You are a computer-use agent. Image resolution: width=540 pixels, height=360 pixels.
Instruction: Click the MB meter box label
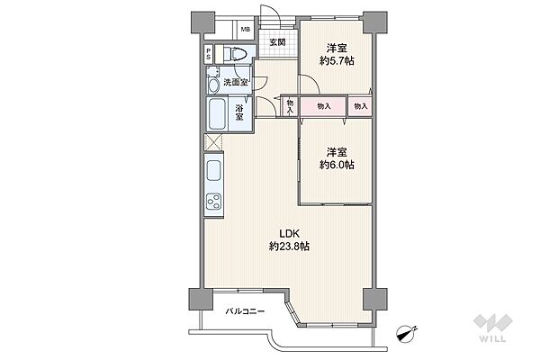[245, 30]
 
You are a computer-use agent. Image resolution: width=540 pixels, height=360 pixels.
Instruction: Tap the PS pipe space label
[209, 54]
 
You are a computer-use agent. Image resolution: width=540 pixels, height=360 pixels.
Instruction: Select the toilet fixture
[236, 54]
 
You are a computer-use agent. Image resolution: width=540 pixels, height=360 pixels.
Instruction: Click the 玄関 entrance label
[277, 42]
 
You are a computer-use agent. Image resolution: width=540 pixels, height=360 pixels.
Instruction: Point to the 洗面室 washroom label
[236, 82]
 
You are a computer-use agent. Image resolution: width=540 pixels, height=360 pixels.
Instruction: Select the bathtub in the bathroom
[217, 114]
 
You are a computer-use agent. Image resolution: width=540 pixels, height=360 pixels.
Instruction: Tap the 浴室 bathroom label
[239, 112]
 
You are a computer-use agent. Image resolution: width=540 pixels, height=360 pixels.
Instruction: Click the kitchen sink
[213, 171]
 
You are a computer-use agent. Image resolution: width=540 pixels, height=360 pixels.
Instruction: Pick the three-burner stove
[213, 202]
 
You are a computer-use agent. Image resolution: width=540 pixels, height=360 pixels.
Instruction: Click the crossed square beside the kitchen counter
[213, 142]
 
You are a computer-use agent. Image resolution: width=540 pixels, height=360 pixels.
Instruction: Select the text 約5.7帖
[337, 61]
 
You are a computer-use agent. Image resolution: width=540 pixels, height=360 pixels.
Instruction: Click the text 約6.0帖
[337, 165]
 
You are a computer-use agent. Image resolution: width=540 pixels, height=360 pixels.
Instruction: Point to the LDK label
[289, 234]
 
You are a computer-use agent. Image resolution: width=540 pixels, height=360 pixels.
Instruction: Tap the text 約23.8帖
[289, 247]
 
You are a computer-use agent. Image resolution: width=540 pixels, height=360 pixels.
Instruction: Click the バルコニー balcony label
[245, 311]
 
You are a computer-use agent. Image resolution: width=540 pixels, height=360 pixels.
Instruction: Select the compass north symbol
[407, 332]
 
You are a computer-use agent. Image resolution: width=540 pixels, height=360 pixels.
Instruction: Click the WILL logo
[493, 328]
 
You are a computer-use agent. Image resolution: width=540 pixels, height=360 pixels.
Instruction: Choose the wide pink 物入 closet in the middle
[323, 106]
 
